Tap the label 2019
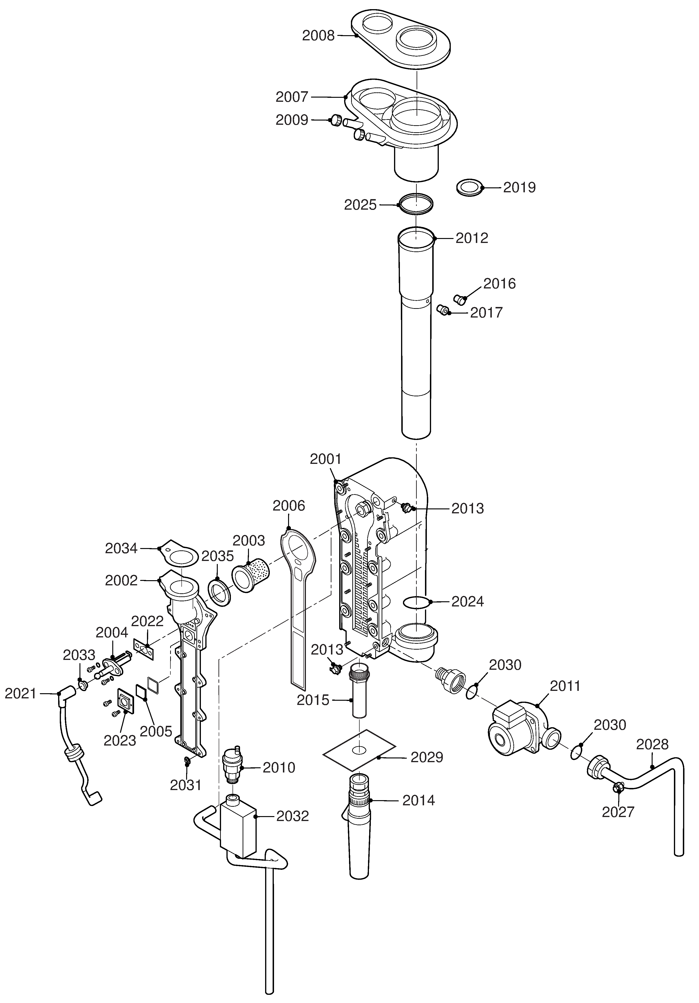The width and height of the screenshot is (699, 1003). (x=519, y=187)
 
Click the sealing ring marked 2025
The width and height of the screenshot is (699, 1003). (x=416, y=204)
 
